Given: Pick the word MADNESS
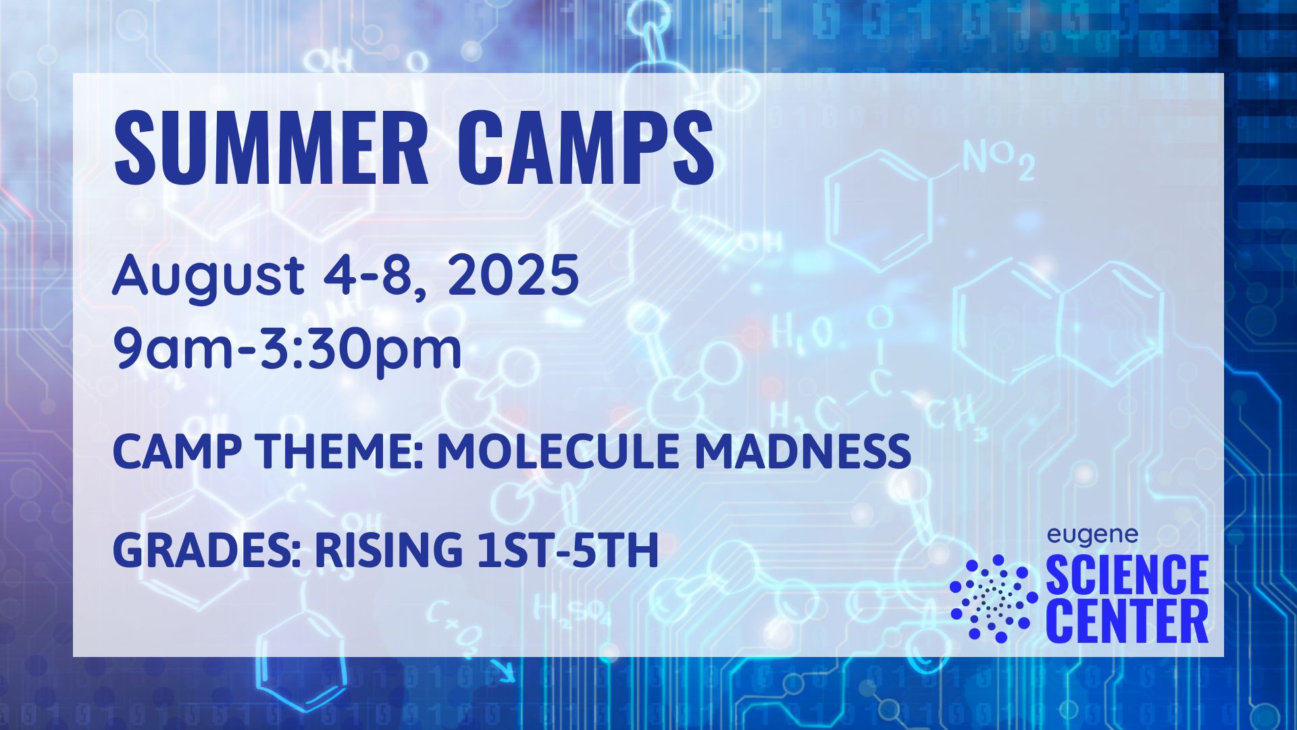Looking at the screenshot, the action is [x=803, y=452].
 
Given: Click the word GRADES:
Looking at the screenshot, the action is [x=206, y=550].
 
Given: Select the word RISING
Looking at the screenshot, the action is [x=388, y=550].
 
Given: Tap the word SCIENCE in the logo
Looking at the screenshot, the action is [x=1127, y=575].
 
